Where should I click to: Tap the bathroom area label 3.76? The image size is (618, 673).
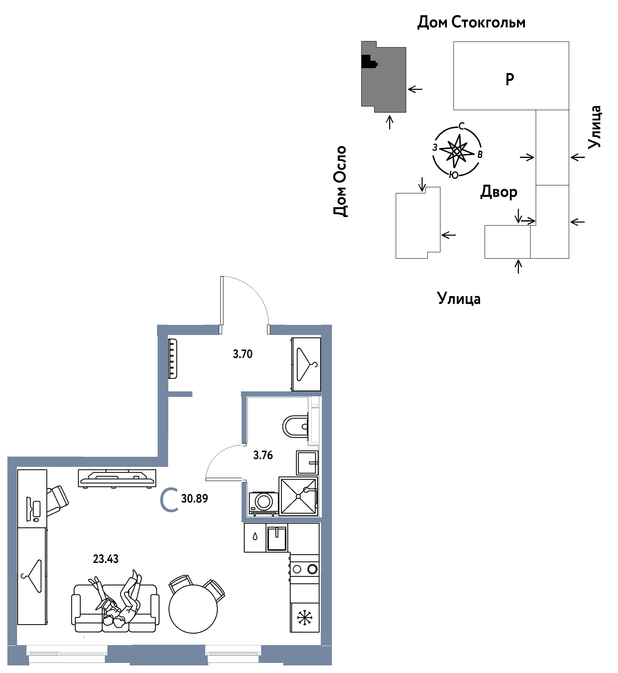coord(263,455)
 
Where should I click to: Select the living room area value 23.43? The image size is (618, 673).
coord(106,559)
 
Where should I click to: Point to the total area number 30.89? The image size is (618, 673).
coord(194,498)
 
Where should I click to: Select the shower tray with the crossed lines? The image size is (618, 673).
coord(298,496)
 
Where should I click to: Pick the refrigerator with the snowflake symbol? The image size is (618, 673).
coord(305,618)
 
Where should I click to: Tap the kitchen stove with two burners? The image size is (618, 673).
coord(304,569)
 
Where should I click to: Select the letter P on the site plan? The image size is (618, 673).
coord(510,79)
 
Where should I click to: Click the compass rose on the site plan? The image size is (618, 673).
coord(457,151)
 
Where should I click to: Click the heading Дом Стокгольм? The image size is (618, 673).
coord(471,22)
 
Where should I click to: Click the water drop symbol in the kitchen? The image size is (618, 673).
coord(255,536)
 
